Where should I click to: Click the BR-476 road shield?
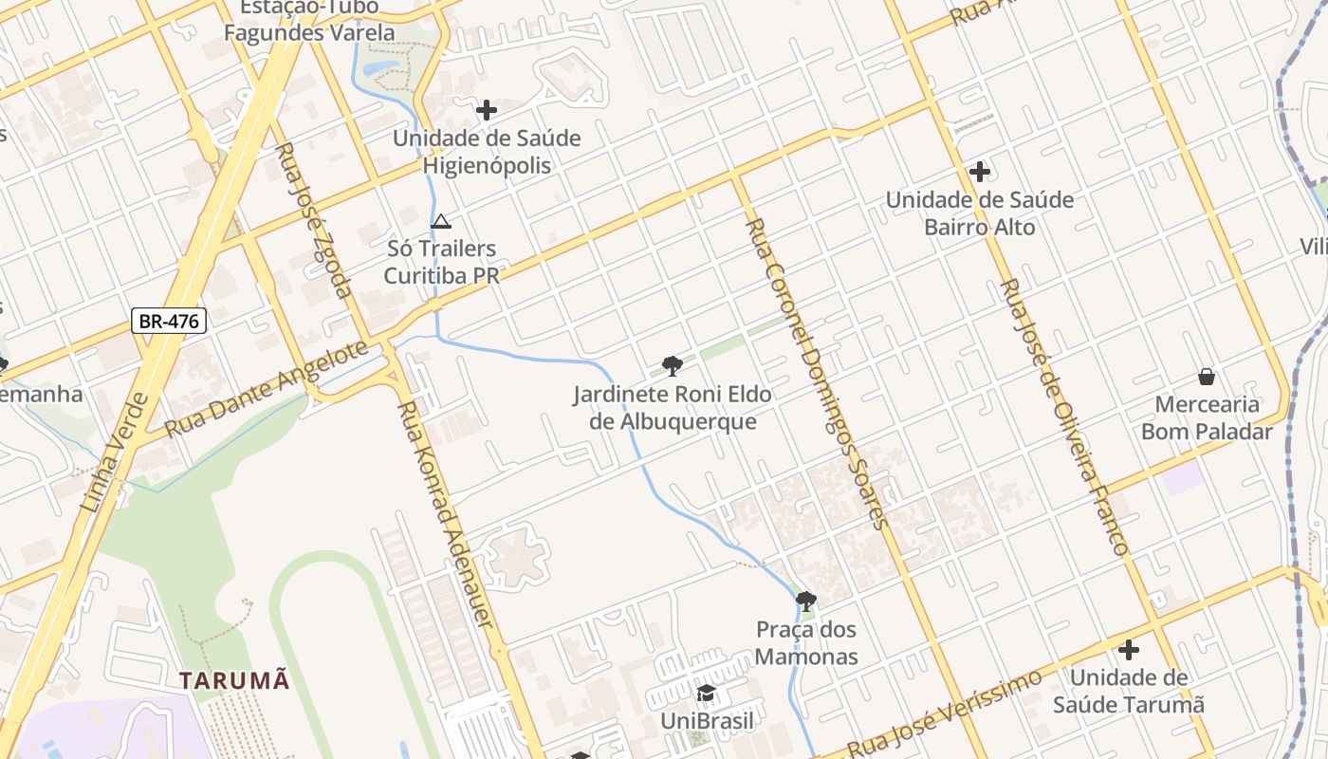(169, 321)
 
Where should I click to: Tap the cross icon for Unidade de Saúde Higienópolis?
(487, 110)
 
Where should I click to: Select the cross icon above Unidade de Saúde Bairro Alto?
(980, 172)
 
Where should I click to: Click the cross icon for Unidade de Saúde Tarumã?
(1128, 650)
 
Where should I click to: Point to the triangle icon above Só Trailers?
(440, 221)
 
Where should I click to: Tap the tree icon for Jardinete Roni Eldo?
(673, 366)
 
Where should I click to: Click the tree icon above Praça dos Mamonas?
(806, 601)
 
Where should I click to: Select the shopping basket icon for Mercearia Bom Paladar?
(1206, 377)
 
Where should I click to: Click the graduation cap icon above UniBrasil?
(706, 693)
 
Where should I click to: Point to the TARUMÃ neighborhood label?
(234, 680)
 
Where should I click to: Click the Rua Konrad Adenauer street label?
(446, 513)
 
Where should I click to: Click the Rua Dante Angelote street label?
(266, 389)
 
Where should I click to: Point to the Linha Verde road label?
(114, 454)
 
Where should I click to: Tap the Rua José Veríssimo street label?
(944, 712)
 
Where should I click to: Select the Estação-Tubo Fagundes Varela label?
(309, 21)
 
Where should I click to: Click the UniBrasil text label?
(707, 721)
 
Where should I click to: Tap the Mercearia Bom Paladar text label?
(1207, 418)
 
